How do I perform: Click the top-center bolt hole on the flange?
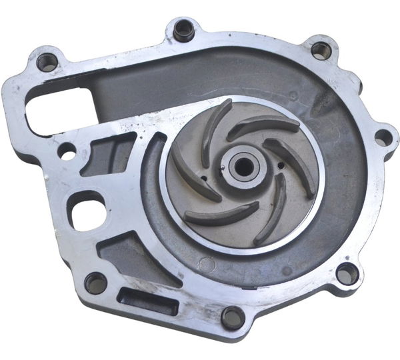(183, 29)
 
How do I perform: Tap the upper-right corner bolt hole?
(321, 50)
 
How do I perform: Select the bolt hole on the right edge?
(383, 137)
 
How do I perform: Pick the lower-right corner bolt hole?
(347, 272)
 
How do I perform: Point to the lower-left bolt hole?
(95, 282)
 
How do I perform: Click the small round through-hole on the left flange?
(67, 151)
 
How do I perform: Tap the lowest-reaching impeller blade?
(270, 217)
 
